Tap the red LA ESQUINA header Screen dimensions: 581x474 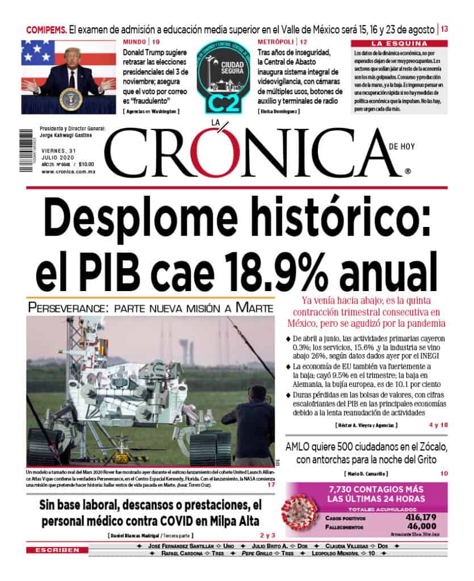coord(399,44)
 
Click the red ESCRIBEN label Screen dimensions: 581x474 coord(56,550)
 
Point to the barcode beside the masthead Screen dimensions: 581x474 coord(26,152)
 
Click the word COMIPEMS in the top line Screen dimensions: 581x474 coord(47,29)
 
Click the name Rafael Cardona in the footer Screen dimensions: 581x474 coord(182,553)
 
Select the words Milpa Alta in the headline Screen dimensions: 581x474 coord(228,521)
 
